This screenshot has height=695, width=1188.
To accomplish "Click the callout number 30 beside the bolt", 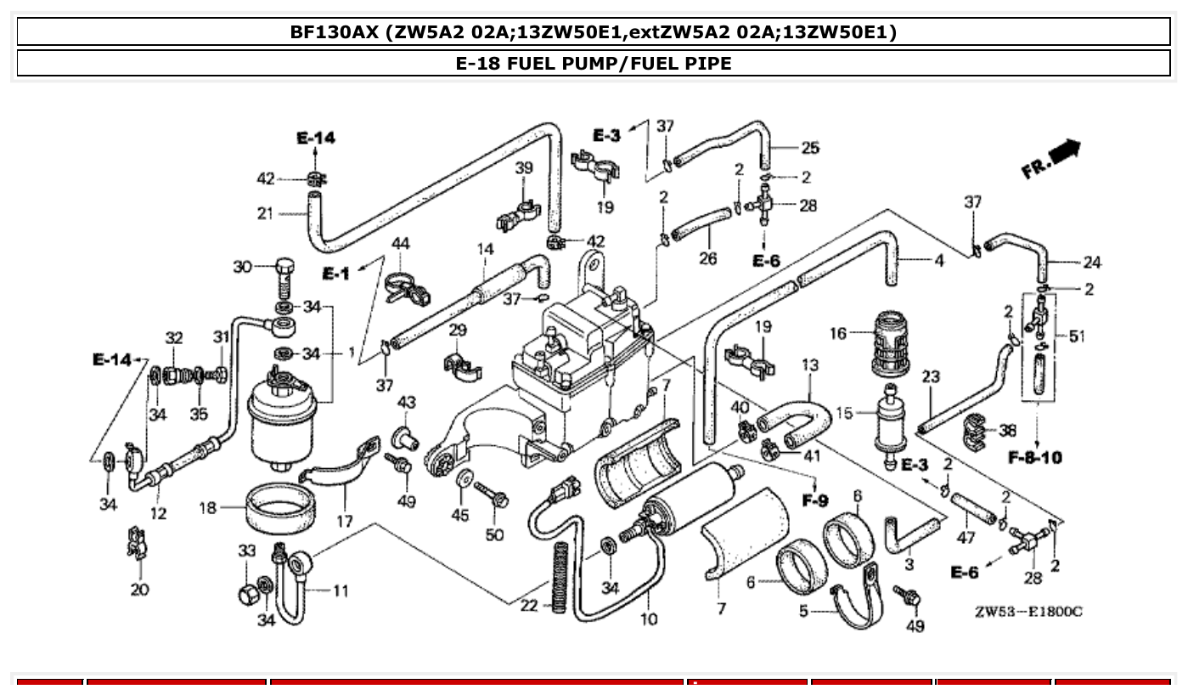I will click(x=242, y=267).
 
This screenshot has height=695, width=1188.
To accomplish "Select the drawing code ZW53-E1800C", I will click(x=1028, y=611).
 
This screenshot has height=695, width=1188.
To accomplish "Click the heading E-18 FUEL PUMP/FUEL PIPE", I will click(x=594, y=63).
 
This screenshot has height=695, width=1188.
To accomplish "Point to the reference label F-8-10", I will click(x=1035, y=458).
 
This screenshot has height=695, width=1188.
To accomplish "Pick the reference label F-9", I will click(x=814, y=500).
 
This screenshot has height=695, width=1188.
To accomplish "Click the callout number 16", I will click(x=838, y=333).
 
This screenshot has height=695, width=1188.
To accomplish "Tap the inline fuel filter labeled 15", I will click(x=890, y=421).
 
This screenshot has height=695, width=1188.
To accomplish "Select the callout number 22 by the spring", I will click(x=529, y=605).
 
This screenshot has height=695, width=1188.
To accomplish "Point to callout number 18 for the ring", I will click(x=208, y=508).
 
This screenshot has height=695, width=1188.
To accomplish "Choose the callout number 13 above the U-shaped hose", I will click(x=809, y=365).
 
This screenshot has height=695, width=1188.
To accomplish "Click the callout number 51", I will click(x=1077, y=336).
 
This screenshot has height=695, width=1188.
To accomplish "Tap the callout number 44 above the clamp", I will click(x=400, y=244).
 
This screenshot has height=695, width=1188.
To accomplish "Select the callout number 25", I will click(x=810, y=148).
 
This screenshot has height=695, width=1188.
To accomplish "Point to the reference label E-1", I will click(x=335, y=274).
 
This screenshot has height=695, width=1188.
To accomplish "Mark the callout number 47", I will click(x=966, y=537).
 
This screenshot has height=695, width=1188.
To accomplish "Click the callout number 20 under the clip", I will click(x=139, y=589).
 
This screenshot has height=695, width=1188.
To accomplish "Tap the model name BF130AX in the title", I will click(x=333, y=32).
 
